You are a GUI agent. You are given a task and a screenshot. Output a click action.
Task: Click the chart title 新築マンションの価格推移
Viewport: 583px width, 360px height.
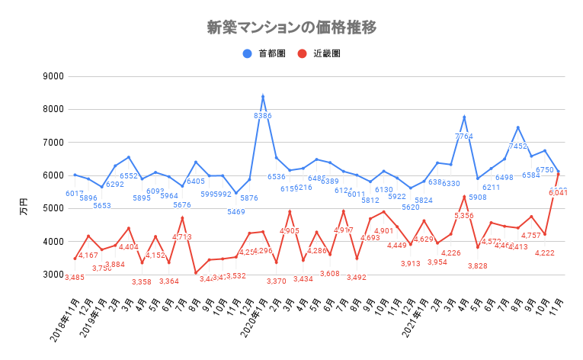[292, 27]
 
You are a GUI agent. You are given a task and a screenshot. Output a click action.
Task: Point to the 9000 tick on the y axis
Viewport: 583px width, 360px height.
[53, 76]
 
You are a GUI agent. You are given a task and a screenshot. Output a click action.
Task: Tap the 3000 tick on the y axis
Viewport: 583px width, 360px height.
[53, 274]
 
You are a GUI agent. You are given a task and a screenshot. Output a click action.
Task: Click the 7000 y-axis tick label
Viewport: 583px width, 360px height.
[53, 143]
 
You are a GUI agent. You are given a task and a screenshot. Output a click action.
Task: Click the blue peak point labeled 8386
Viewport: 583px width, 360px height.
[263, 97]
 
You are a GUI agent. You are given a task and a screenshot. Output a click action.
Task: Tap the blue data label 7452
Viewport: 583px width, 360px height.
[517, 146]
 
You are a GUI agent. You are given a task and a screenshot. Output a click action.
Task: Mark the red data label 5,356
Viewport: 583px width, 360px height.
[464, 216]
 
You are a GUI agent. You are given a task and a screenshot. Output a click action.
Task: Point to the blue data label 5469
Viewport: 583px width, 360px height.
[236, 211]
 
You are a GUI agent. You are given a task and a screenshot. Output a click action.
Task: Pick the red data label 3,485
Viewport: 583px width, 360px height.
[75, 277]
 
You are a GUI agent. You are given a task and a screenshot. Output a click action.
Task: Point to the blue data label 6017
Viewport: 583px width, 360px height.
[75, 194]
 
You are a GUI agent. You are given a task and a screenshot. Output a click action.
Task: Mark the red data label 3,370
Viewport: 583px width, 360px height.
[276, 281]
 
